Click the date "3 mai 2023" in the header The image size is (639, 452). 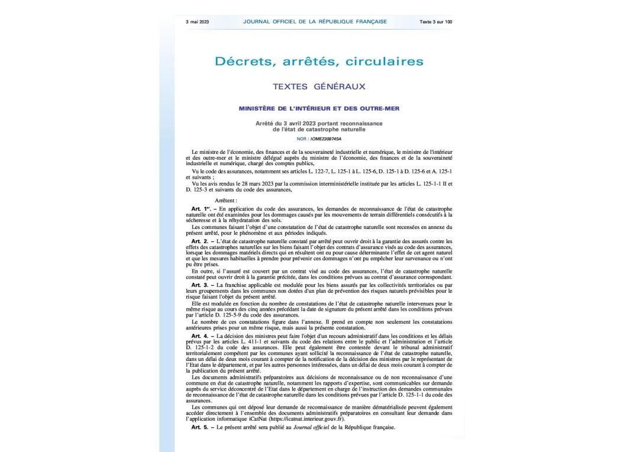pos(197,22)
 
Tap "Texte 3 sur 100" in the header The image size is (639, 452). pos(436,22)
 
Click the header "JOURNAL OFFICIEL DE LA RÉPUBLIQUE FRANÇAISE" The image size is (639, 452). pos(315,22)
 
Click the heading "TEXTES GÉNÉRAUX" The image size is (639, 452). pos(319,86)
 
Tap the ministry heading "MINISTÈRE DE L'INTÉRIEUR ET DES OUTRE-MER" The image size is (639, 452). pos(319,109)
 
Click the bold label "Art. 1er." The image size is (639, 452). pos(201,209)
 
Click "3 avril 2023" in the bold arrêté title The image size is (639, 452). pos(295,123)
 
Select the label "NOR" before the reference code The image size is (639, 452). pos(302,138)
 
